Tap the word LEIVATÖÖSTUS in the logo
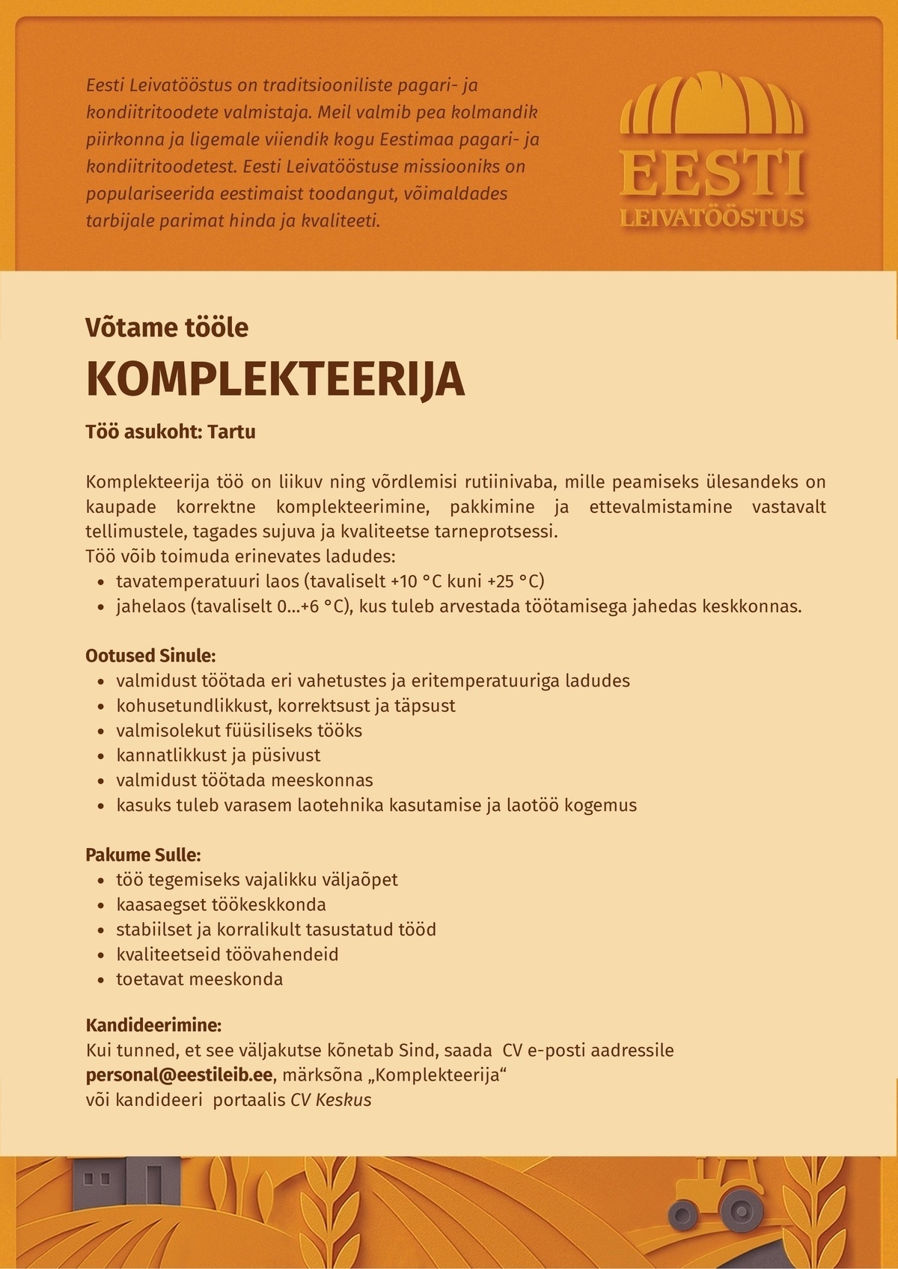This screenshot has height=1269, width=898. [712, 218]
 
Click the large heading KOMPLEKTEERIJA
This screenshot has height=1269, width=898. [275, 380]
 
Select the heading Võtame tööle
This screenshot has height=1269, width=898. [167, 328]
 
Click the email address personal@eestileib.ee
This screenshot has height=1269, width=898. [178, 1075]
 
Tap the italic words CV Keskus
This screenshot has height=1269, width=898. [331, 1100]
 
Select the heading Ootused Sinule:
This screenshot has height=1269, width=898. [150, 656]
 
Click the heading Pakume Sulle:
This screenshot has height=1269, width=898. [143, 854]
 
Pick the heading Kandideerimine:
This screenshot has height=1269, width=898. [153, 1024]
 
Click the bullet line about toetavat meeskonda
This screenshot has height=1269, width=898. [199, 979]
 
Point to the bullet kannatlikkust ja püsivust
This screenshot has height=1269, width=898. [218, 755]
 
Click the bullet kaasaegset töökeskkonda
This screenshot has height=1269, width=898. [221, 904]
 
